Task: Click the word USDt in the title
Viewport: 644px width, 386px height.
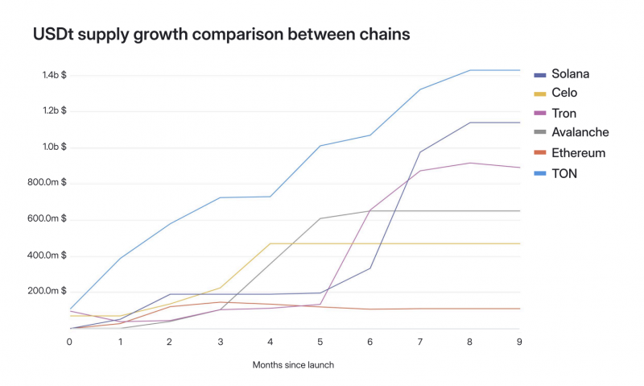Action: coord(53,34)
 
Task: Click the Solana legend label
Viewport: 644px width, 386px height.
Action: coord(570,74)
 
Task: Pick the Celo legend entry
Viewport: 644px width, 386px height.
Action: coord(564,93)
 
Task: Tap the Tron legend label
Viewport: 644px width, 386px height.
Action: coord(564,114)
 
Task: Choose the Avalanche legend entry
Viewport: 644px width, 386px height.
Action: coord(580,132)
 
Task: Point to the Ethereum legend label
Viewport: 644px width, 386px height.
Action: coord(578,153)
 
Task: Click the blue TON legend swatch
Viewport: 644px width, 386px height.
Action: coord(540,173)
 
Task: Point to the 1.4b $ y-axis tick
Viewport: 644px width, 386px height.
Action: coord(54,75)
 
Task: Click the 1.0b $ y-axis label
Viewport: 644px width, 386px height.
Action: coord(54,147)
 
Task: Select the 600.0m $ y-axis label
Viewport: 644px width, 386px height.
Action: coord(47,218)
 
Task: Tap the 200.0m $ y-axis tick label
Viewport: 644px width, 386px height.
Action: coord(47,291)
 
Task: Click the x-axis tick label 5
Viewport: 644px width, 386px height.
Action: coord(320,342)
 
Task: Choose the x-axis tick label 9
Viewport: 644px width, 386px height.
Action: coord(519,342)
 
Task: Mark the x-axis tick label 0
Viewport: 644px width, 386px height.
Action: coord(69,342)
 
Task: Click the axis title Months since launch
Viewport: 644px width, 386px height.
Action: coord(293,365)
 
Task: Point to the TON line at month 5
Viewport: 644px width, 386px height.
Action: coord(320,146)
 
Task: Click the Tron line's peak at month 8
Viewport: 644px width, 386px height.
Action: coord(469,164)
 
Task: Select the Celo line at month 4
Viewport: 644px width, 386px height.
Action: coord(270,243)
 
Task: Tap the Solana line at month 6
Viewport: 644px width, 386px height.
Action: coord(370,268)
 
